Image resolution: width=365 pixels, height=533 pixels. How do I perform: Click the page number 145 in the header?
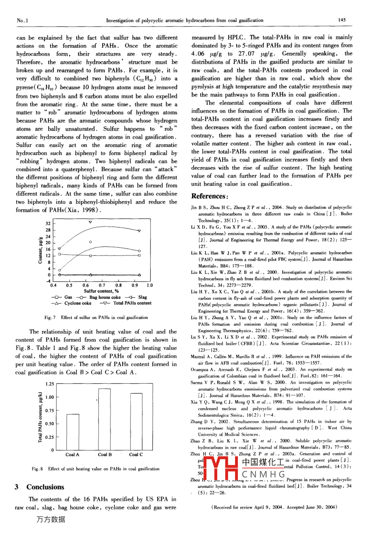342,20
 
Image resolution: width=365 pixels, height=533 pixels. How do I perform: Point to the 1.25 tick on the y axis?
49,384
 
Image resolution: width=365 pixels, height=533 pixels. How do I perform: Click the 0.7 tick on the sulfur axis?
102,285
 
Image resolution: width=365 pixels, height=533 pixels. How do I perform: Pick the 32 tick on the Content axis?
48,223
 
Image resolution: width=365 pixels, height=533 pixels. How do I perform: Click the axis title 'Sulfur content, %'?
101,291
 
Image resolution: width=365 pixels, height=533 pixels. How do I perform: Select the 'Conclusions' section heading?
45,487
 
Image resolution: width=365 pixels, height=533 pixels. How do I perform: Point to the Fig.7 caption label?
50,317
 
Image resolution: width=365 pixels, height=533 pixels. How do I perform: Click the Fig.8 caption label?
38,469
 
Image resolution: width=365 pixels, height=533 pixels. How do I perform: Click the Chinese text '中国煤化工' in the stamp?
262,462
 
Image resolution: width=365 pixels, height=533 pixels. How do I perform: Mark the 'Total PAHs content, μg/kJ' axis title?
40,417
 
